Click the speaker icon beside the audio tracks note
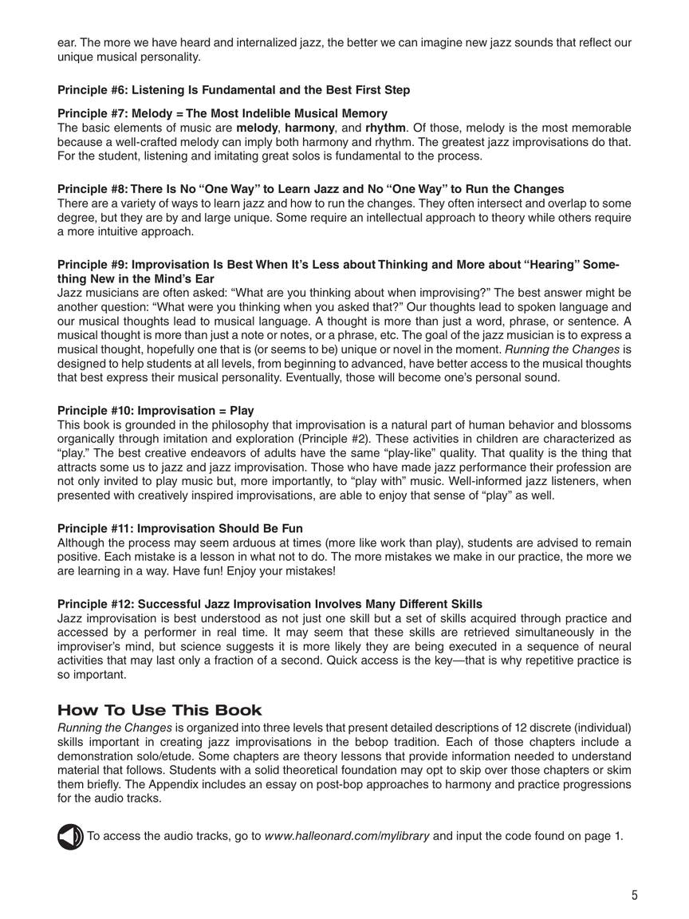tap(70, 836)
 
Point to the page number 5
tap(635, 895)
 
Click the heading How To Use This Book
tap(159, 711)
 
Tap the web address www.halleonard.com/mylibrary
tap(347, 836)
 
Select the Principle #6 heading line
tap(234, 90)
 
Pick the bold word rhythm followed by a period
tap(386, 128)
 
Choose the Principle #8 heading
tap(310, 189)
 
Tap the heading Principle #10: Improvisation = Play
tap(156, 411)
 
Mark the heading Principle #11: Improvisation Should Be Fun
tap(180, 529)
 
